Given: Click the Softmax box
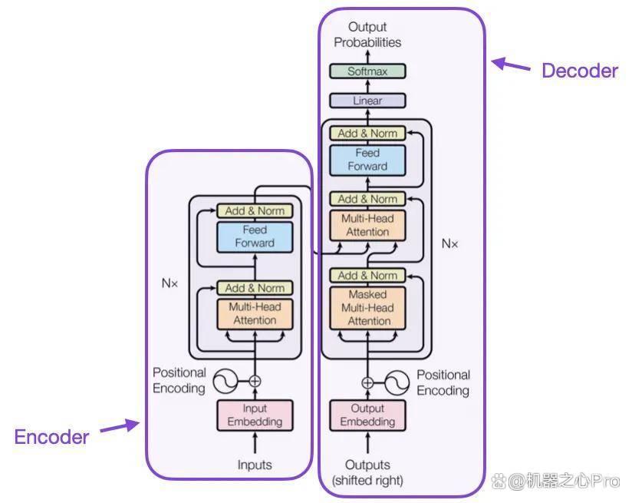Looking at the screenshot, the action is pos(367,71).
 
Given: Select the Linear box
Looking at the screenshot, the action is pos(367,101).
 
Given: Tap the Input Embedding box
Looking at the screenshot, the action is pos(255,415).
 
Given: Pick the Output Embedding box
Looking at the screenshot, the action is pos(367,415).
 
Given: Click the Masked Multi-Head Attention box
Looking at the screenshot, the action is pos(367,308).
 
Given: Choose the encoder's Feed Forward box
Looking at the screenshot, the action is pos(255,237).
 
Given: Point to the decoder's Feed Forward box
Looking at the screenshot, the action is pos(367,160).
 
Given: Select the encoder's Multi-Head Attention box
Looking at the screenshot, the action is pos(255,313).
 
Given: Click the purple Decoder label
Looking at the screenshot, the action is pos(580,71).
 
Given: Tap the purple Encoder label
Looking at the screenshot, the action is pos(51,437).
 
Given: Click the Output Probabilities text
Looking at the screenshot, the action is pos(367,35).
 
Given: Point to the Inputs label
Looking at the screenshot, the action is pos(255,465).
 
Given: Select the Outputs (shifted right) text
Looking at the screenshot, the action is pos(367,472).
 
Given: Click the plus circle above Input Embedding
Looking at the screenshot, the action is pos(255,381).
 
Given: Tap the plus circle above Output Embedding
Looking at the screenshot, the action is pos(367,382).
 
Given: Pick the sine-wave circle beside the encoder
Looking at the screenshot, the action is pos(225,381).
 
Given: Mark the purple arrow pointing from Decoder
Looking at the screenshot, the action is pos(510,65).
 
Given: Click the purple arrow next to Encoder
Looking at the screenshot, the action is pos(120,426).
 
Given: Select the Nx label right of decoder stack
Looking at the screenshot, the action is pos(449,244).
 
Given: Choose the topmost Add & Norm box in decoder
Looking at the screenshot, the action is pos(367,133).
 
